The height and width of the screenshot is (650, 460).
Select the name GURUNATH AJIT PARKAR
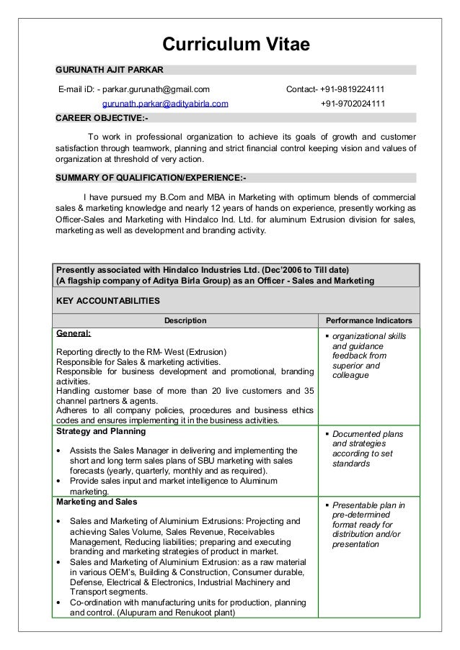click(x=110, y=70)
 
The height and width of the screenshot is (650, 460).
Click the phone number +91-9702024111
click(x=352, y=104)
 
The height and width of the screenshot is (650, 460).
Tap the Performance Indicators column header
click(x=369, y=320)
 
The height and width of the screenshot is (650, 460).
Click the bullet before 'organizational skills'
click(x=328, y=338)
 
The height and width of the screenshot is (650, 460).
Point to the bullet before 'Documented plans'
click(x=328, y=435)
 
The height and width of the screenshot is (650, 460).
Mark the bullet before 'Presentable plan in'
click(x=328, y=505)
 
